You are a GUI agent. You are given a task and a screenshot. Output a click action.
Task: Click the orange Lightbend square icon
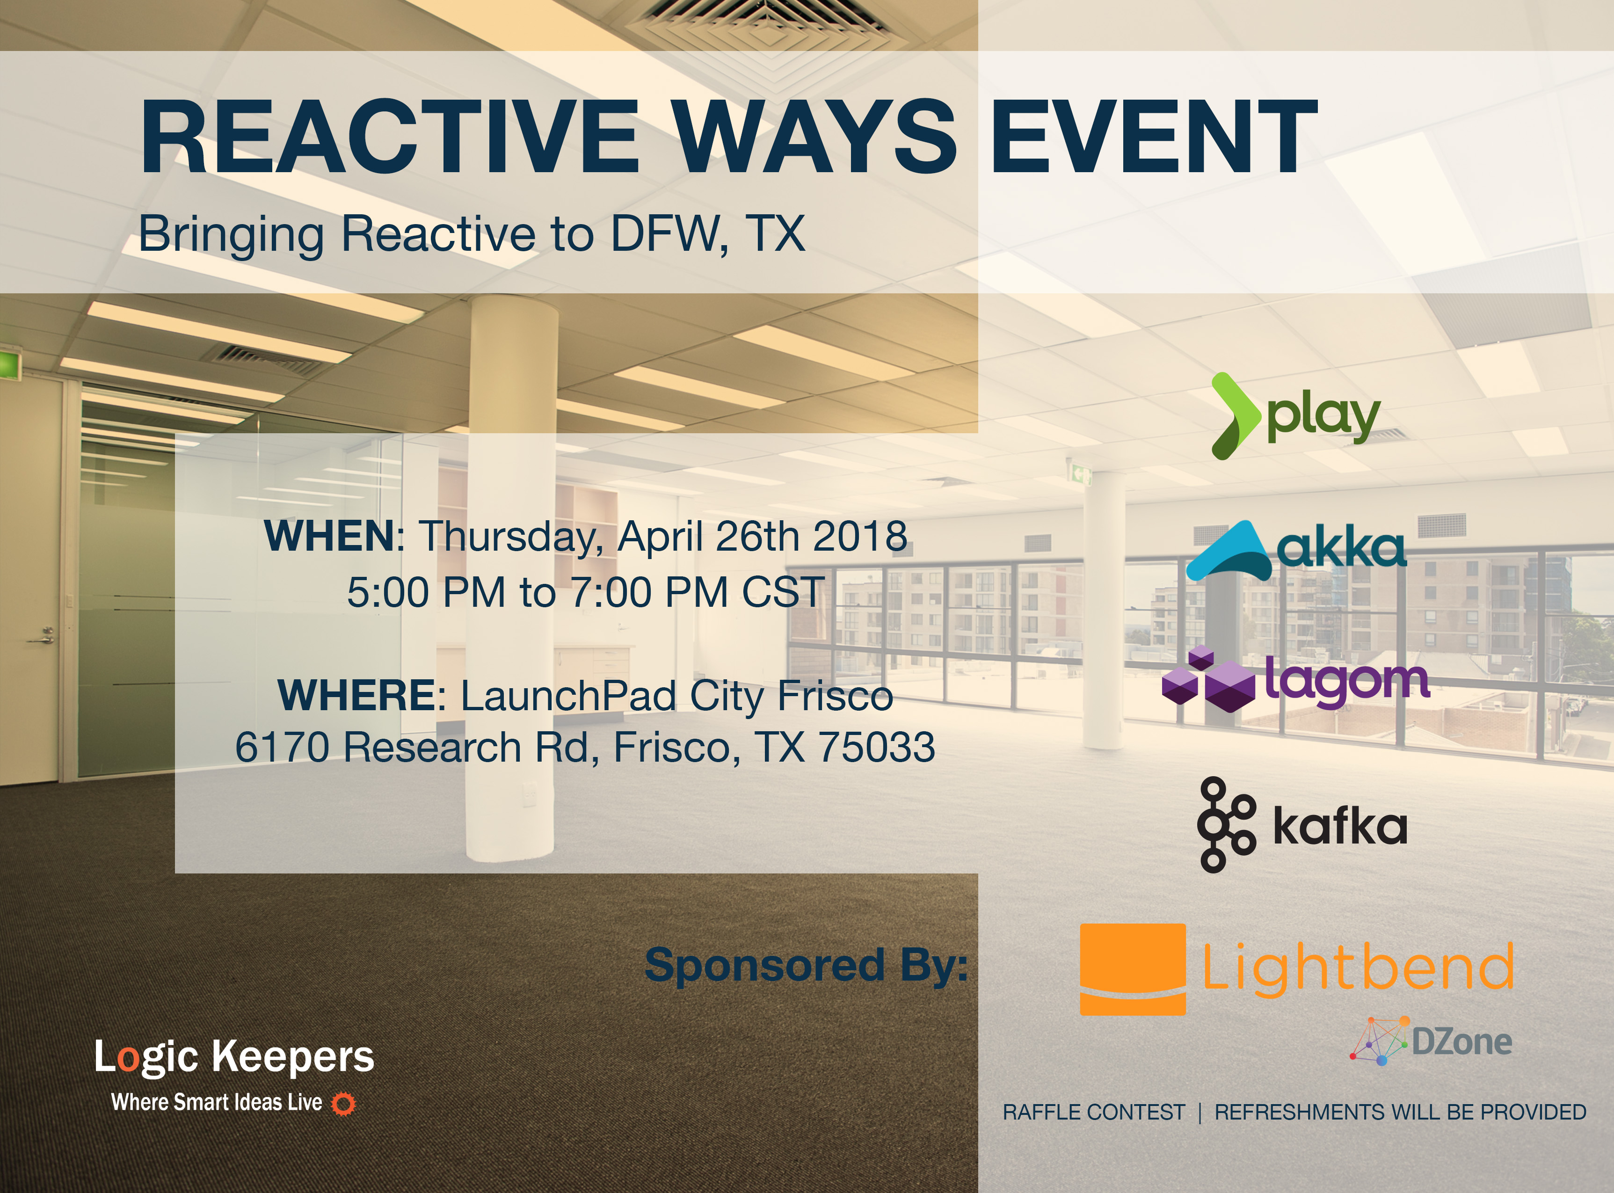pos(1132,969)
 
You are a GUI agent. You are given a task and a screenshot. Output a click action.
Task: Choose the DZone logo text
pos(1461,1041)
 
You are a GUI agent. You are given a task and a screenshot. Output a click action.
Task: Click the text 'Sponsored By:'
pos(806,966)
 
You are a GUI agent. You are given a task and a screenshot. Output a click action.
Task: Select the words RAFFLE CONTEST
pos(1093,1112)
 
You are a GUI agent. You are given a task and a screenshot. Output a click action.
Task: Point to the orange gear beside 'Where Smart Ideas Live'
pos(343,1104)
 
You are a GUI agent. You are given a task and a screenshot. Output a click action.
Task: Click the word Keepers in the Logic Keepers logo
pos(293,1058)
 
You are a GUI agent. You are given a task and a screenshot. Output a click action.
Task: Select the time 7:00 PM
pos(649,592)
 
